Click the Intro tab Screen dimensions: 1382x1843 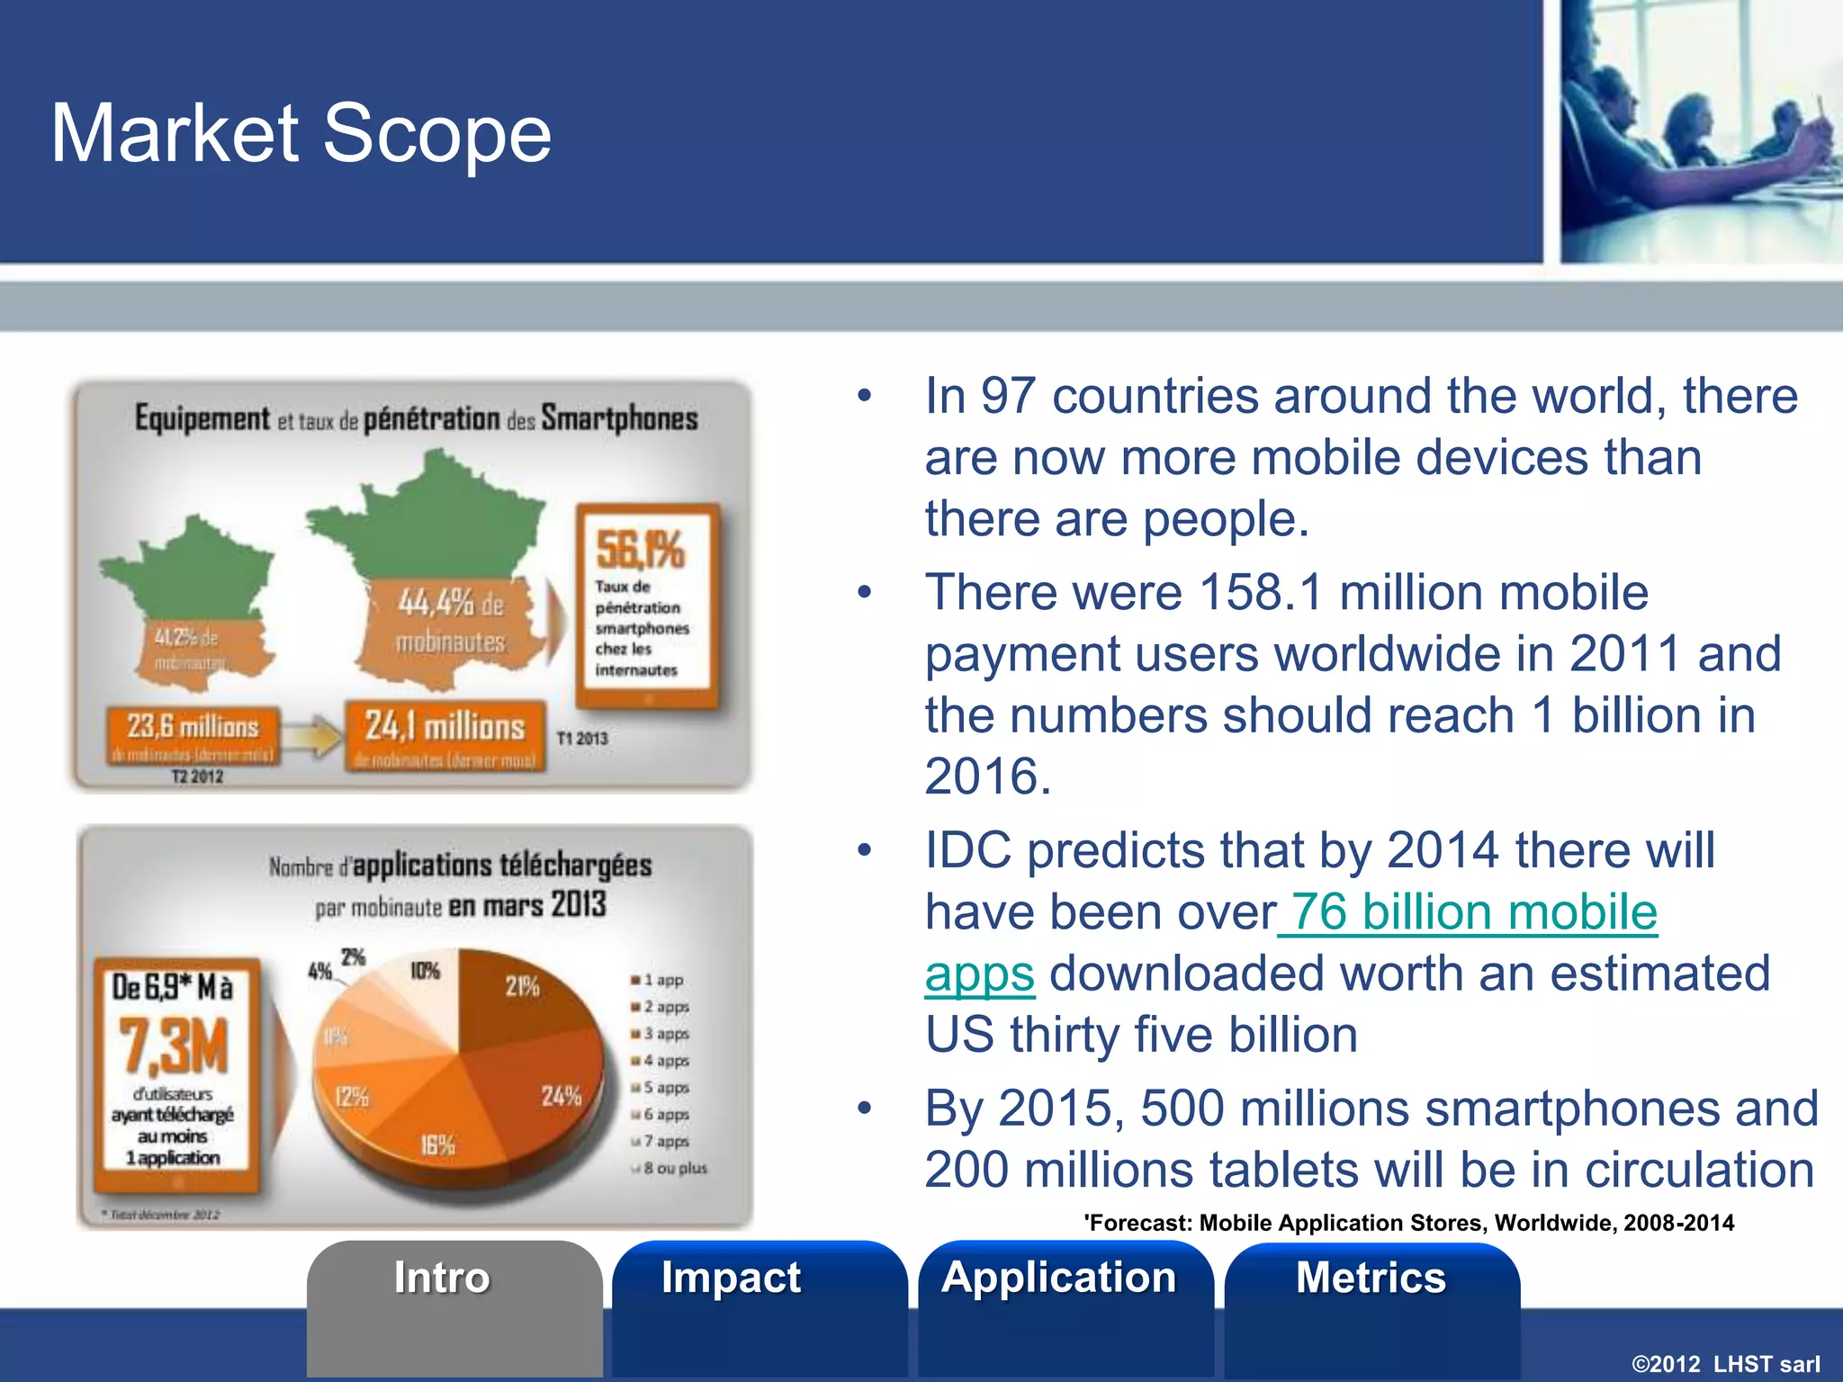click(x=442, y=1278)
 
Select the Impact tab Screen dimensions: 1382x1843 click(x=731, y=1278)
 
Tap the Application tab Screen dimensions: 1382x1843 click(x=1059, y=1278)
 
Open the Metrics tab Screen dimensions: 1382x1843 click(x=1371, y=1278)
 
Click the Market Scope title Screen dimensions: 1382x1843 click(x=301, y=133)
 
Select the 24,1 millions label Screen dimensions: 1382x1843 click(x=445, y=726)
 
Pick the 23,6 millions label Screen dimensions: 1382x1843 click(x=193, y=726)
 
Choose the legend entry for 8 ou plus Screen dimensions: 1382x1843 click(x=673, y=1168)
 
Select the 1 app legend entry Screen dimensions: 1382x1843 click(x=661, y=980)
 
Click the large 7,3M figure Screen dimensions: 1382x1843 click(x=174, y=1045)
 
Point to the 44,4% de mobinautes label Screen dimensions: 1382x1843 click(x=450, y=621)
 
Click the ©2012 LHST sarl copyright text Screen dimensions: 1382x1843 click(x=1725, y=1364)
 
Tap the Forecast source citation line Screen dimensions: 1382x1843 click(x=1408, y=1223)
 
